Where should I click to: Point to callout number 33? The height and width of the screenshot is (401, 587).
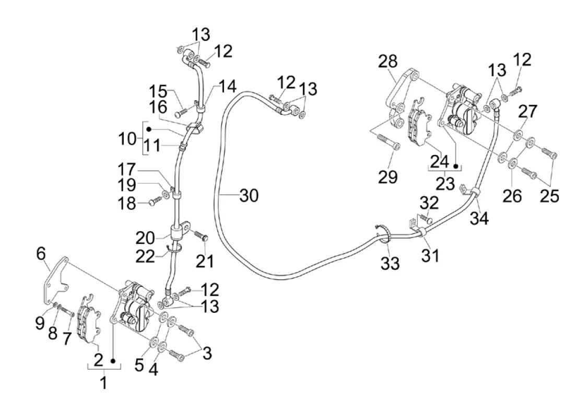[x=390, y=264]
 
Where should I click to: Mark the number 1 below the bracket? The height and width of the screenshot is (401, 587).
[x=103, y=383]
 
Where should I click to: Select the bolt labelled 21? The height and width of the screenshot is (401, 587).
[x=201, y=235]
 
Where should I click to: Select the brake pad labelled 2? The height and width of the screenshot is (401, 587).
[x=85, y=322]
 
